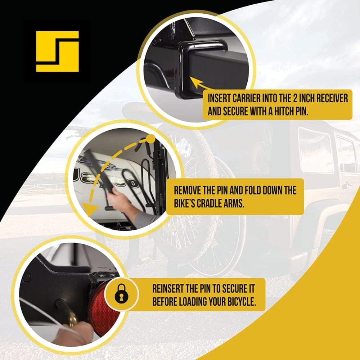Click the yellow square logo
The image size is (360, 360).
[x=57, y=51]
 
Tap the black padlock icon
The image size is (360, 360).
[x=121, y=294]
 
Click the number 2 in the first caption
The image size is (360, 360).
[x=295, y=99]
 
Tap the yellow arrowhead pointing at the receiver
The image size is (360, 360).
[x=197, y=83]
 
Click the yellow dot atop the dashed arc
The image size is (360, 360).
[x=150, y=139]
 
